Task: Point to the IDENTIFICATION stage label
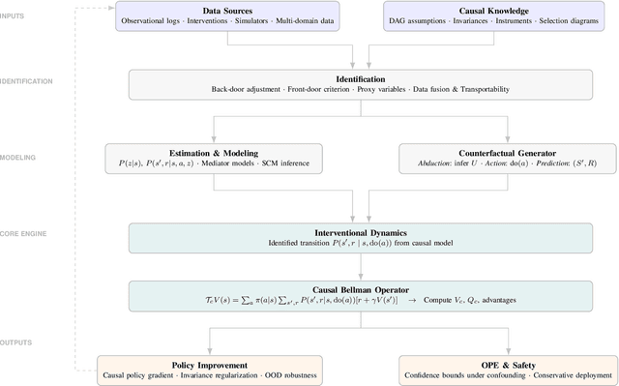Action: click(x=28, y=83)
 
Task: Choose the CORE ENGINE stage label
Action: click(x=25, y=233)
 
